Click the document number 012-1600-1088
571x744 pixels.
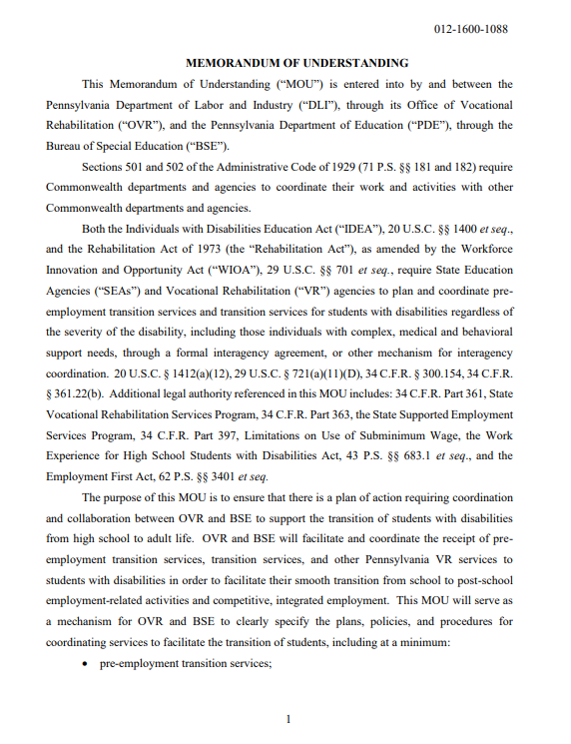click(x=471, y=29)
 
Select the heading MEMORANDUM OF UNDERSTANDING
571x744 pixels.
click(x=283, y=62)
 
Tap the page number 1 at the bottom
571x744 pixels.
click(x=286, y=719)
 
